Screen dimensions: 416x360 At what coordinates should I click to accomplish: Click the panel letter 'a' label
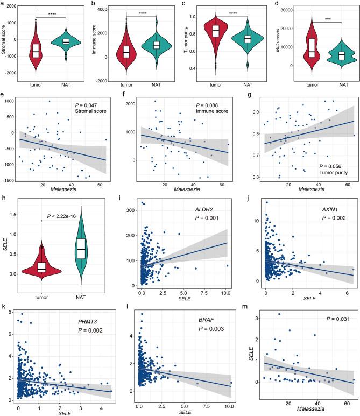coord(3,4)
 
